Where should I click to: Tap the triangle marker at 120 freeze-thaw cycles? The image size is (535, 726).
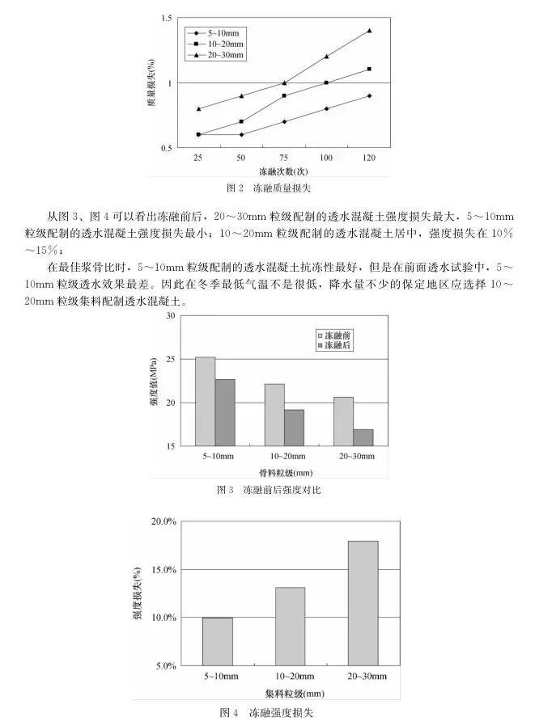369,31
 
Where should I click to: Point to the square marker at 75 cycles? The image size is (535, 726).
284,95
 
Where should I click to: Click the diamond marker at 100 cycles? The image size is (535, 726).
327,108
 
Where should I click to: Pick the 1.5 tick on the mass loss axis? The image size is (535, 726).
166,18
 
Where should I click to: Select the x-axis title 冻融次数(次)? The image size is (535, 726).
282,171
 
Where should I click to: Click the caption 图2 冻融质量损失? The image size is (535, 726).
268,188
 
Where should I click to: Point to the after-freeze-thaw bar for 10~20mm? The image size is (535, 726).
294,427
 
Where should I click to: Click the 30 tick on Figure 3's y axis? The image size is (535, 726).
170,316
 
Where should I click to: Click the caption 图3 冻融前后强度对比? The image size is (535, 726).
269,490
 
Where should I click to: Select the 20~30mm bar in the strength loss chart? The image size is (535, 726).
363,602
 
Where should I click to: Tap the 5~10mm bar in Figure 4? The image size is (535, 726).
217,641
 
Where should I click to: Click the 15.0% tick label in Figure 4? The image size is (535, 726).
163,570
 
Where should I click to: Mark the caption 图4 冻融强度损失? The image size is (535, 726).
266,712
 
